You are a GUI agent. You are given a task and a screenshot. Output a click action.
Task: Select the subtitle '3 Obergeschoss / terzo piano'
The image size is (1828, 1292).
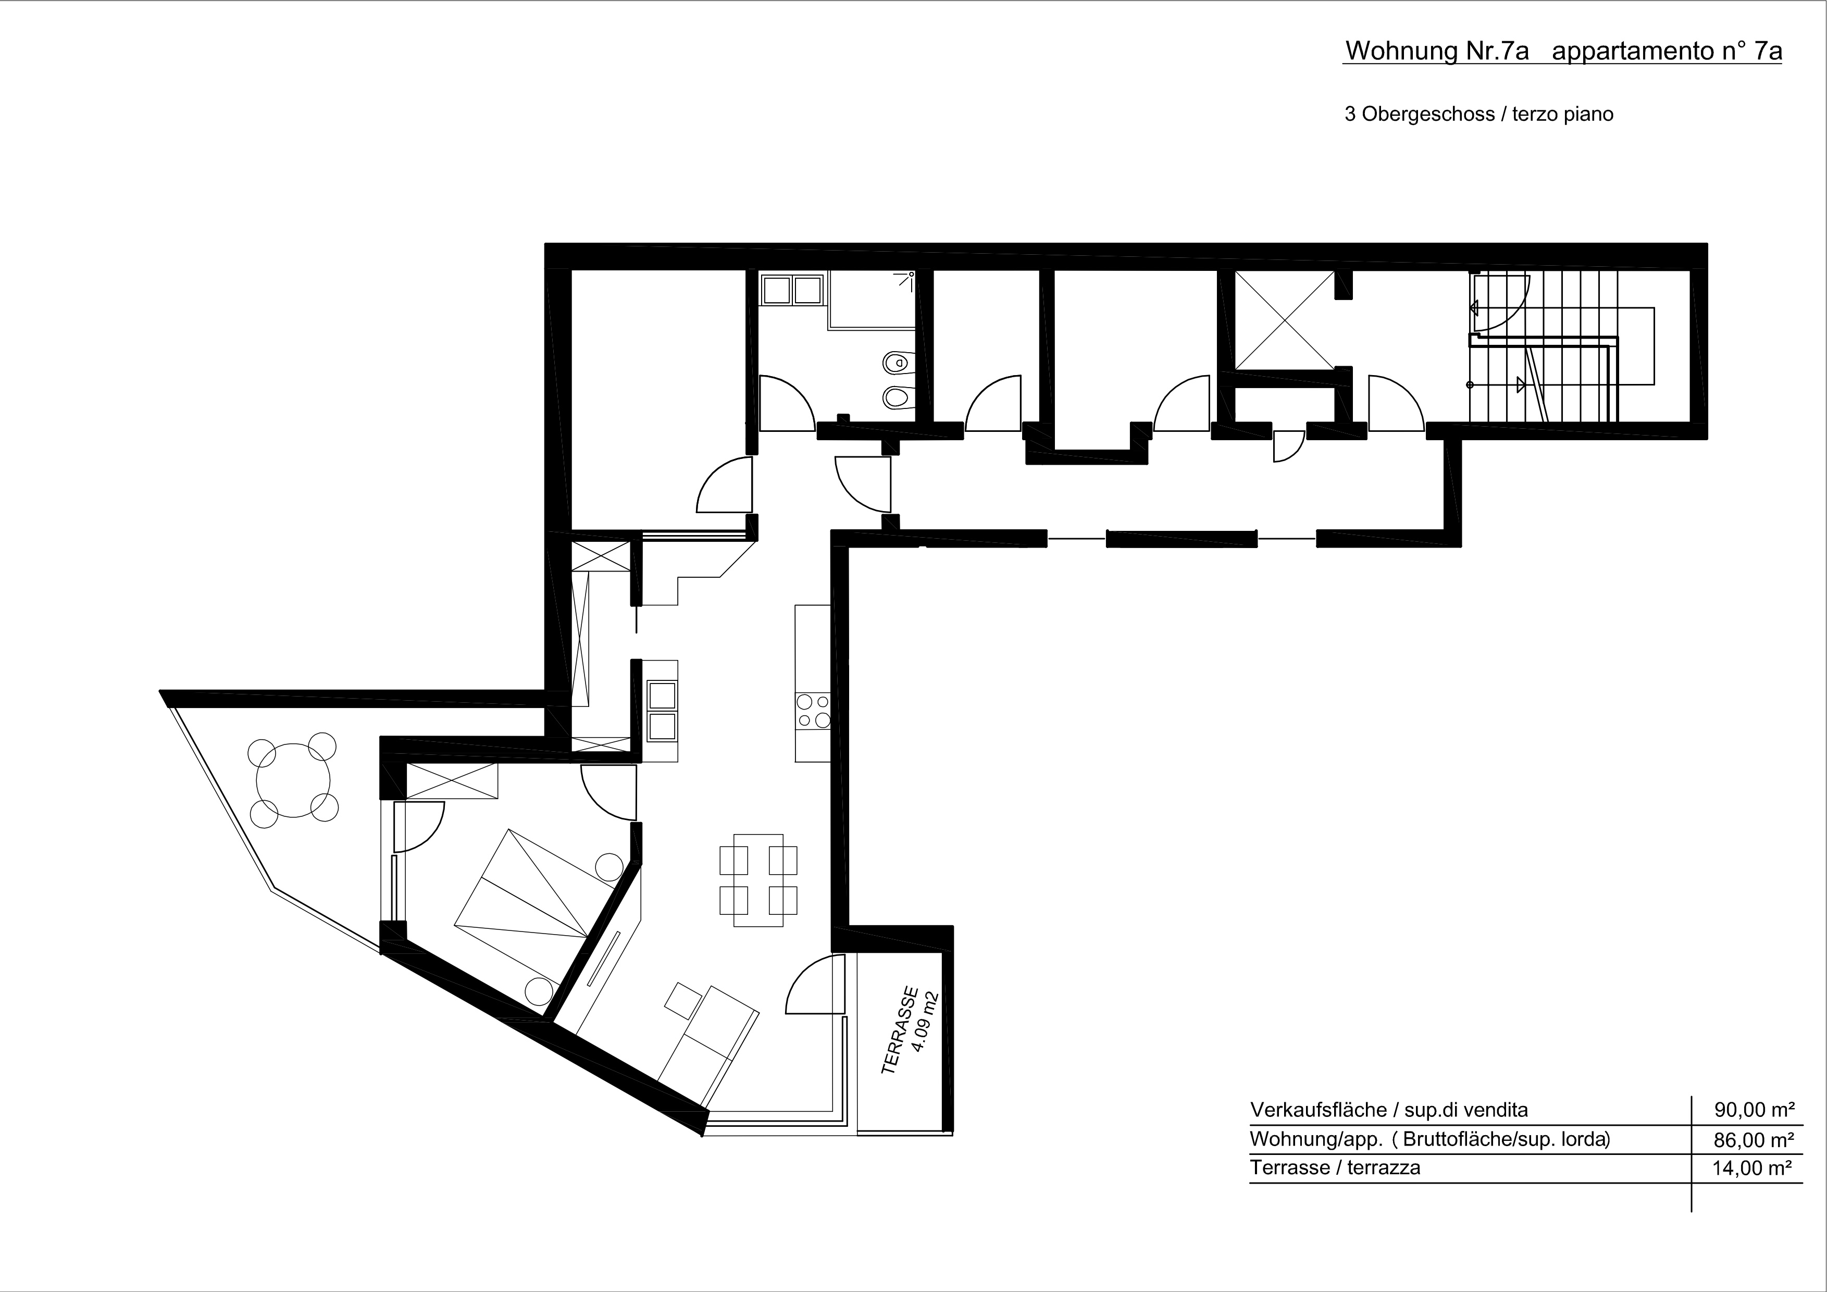point(1478,114)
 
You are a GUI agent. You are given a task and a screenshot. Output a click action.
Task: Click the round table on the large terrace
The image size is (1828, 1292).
point(293,779)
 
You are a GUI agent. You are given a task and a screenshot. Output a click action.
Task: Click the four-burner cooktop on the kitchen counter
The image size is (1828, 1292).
point(813,711)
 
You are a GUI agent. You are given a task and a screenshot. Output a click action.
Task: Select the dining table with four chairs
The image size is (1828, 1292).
point(758,879)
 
